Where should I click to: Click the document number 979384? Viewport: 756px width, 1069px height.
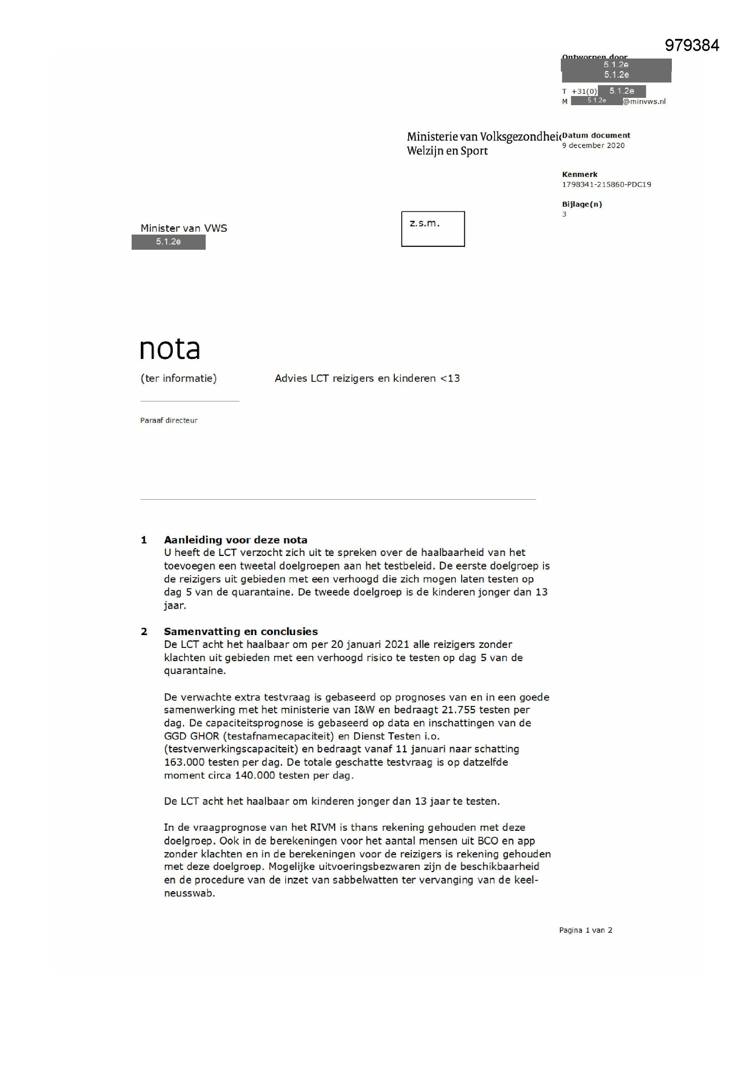coord(692,45)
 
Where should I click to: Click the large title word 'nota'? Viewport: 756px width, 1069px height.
coord(170,349)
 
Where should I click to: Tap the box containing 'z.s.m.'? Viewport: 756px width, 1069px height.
coord(433,229)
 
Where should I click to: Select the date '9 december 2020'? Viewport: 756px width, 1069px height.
coord(593,146)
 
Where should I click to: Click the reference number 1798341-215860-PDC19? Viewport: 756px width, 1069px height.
coord(606,185)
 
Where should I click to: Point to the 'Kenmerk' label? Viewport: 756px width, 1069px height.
coord(580,175)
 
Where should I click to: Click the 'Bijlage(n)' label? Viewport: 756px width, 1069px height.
coord(582,204)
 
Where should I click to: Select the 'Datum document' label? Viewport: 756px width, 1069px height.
coord(596,135)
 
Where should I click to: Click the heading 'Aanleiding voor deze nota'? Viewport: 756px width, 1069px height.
coord(235,540)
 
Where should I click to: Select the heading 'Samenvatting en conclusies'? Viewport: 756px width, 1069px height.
coord(241,632)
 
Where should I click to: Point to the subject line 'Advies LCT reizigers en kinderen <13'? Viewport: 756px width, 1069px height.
coord(367,379)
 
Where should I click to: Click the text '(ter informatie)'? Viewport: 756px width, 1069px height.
coord(178,379)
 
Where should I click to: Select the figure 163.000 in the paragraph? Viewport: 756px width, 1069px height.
coord(184,762)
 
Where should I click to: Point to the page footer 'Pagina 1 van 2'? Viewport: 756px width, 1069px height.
coord(586,930)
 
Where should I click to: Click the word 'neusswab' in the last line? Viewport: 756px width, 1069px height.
coord(188,893)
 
